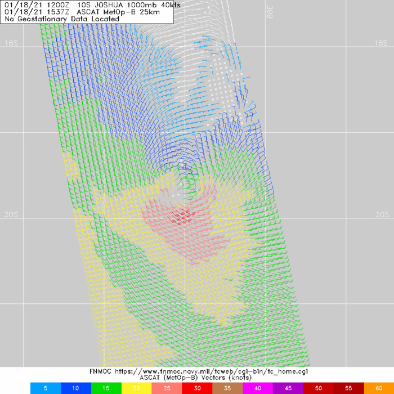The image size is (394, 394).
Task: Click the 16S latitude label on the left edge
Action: pos(11,43)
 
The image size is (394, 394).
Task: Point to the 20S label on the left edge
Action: pos(11,214)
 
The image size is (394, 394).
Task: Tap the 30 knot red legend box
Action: pos(196,388)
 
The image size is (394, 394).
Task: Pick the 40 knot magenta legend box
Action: pos(257,388)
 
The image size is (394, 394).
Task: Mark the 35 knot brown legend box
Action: pos(227,388)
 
